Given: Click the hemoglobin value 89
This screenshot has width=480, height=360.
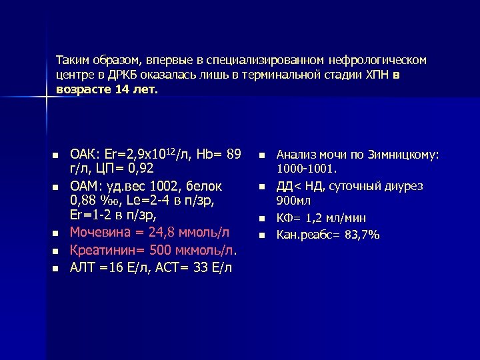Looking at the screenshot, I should tap(233, 155).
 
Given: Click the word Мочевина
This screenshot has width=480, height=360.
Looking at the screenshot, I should tap(100, 233).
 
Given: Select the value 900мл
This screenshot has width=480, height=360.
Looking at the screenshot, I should tap(291, 201).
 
